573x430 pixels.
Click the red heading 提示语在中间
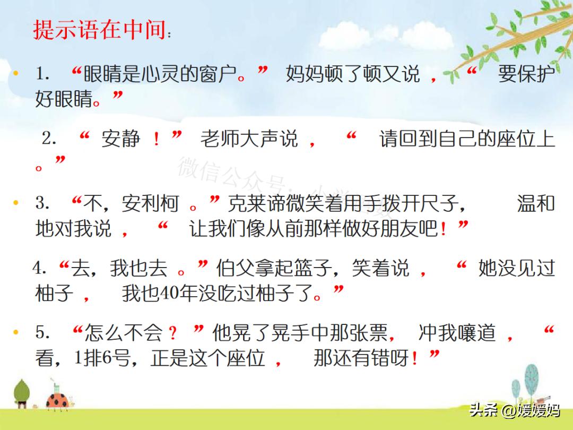(99, 30)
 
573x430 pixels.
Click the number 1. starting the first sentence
(43, 74)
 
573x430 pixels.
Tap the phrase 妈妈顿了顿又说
(353, 74)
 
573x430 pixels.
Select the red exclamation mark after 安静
(156, 140)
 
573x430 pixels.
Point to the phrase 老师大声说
(249, 140)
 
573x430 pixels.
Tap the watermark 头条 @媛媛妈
(514, 410)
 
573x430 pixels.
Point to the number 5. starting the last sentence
(43, 333)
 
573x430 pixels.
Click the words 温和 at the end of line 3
(536, 203)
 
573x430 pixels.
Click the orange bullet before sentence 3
(15, 203)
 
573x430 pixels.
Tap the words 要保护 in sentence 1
(526, 74)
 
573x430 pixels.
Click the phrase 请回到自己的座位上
(467, 140)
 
